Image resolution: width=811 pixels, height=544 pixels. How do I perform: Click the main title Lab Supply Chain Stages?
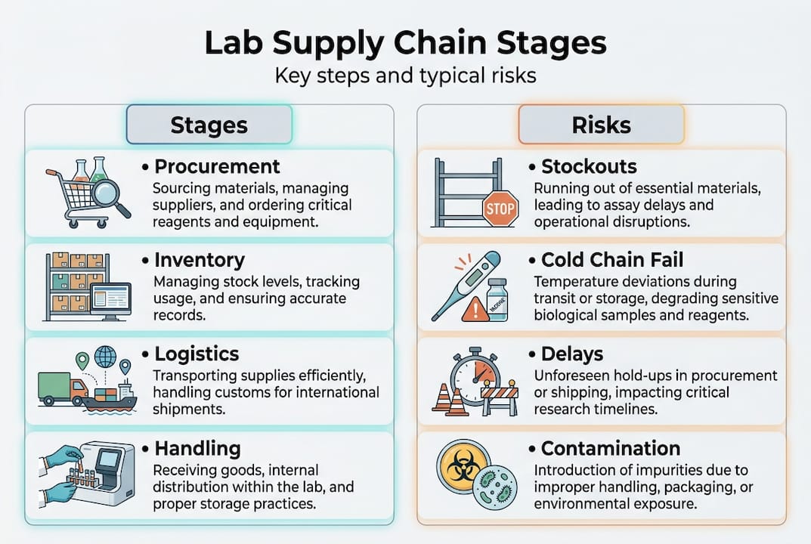point(405,44)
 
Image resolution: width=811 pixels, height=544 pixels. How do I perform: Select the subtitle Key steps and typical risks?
point(405,76)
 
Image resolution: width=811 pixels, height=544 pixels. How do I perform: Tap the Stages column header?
point(209,125)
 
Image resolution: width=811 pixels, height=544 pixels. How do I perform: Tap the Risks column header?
point(601,125)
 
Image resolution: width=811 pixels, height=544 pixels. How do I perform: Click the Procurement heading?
point(217,167)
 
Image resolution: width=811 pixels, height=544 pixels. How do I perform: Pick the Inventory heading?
point(200,261)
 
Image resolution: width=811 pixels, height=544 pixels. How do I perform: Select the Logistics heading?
point(197,354)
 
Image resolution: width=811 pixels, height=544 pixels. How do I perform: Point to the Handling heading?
point(197,448)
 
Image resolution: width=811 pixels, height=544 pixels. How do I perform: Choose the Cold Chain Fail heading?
point(612,261)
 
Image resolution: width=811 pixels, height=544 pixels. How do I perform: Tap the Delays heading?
point(572,354)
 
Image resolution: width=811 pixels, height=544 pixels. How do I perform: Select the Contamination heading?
point(611,448)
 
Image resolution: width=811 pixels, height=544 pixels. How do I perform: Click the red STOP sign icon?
point(500,209)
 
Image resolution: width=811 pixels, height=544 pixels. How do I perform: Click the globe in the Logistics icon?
point(105,357)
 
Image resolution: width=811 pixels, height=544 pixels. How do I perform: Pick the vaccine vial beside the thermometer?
point(497,301)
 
